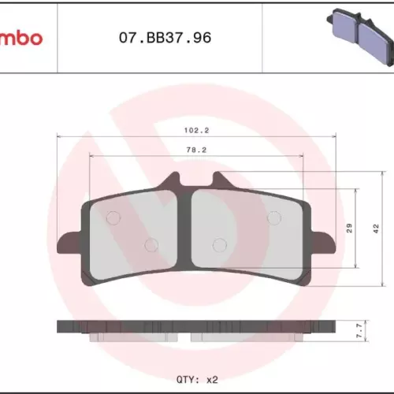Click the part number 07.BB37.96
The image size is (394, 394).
165,38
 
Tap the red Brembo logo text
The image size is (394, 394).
21,39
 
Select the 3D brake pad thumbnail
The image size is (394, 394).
360,36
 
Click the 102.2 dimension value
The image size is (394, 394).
196,130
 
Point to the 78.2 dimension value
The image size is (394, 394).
196,150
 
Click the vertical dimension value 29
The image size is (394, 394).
349,228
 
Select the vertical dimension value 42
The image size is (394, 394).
376,229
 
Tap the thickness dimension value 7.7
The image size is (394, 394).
359,330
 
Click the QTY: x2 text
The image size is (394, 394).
197,380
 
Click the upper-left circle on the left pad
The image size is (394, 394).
113,217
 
